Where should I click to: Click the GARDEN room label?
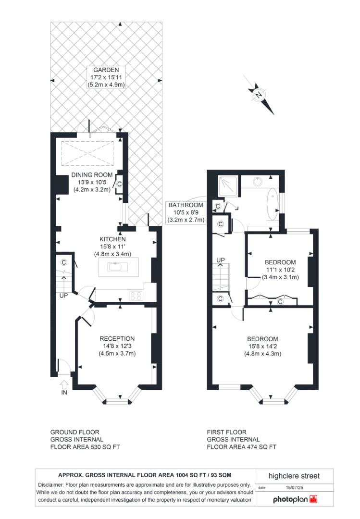click(106, 77)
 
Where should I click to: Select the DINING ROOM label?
click(92, 182)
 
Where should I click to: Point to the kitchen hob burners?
click(135, 296)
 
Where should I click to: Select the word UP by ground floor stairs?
click(63, 296)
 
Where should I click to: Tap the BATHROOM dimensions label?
click(186, 212)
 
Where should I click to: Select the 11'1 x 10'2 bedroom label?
click(280, 270)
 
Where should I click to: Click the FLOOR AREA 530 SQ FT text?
click(85, 446)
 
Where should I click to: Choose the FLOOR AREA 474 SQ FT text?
click(241, 446)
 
